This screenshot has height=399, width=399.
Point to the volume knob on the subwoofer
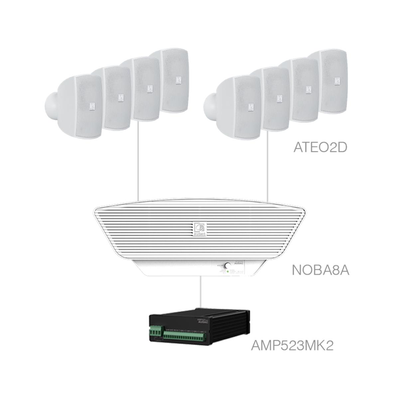coord(228,266)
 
